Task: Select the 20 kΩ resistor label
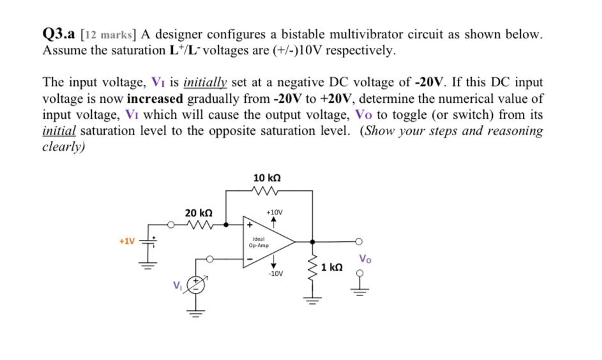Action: (x=199, y=212)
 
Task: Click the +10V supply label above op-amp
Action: (x=273, y=211)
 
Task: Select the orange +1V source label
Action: (x=127, y=241)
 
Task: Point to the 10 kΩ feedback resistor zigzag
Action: (x=267, y=190)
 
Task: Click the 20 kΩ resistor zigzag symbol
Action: (x=204, y=224)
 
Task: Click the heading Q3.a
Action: (x=60, y=35)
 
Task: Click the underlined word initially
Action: (x=207, y=82)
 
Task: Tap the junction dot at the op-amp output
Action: (x=312, y=242)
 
